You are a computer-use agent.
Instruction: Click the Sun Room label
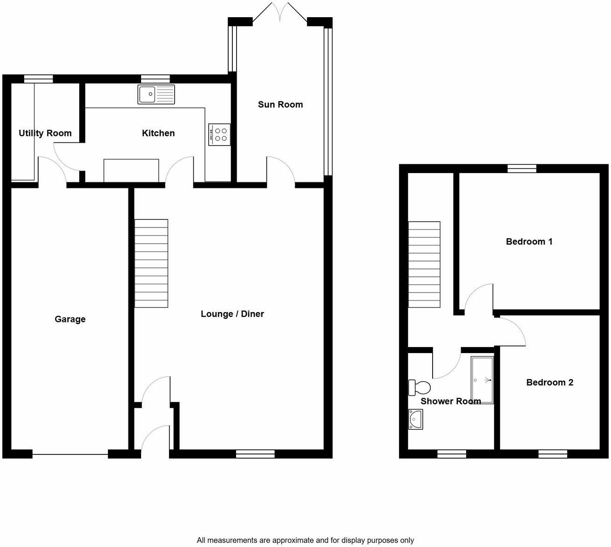280,105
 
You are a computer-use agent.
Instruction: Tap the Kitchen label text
158,133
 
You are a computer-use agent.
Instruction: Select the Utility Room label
45,133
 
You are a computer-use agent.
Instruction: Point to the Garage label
70,319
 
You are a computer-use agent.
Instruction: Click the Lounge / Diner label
232,314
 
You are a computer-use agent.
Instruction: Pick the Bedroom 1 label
529,241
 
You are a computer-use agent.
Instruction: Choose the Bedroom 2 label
550,382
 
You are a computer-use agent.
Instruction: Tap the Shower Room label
450,401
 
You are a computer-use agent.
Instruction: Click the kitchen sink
156,94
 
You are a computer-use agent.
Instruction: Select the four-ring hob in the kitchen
219,134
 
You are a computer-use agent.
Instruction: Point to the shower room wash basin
415,420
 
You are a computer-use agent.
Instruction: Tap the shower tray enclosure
482,380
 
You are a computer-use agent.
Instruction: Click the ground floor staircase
151,263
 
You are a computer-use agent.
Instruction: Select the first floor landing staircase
424,265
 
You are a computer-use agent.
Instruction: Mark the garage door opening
70,454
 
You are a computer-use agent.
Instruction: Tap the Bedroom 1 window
522,168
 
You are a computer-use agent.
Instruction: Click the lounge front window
255,454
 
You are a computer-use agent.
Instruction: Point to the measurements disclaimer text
305,540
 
